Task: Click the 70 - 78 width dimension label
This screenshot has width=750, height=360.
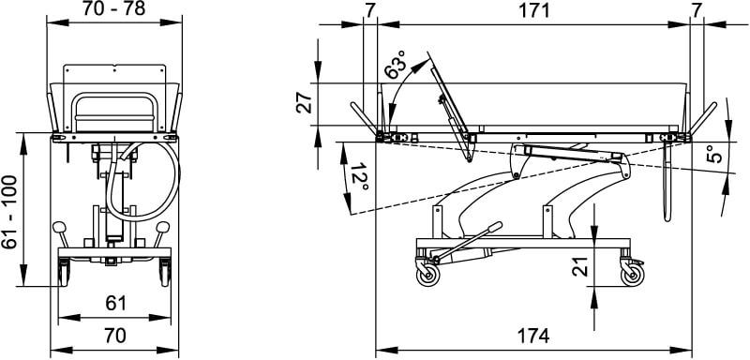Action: pyautogui.click(x=113, y=8)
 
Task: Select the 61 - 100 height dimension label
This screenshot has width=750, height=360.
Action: pyautogui.click(x=9, y=212)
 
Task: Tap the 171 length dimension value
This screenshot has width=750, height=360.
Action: pyautogui.click(x=534, y=9)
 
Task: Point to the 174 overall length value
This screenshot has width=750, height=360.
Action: pyautogui.click(x=533, y=336)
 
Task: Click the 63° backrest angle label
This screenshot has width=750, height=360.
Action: pyautogui.click(x=396, y=65)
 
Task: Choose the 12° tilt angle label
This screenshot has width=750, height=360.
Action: pyautogui.click(x=360, y=177)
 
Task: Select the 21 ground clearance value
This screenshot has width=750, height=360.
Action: pyautogui.click(x=579, y=267)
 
